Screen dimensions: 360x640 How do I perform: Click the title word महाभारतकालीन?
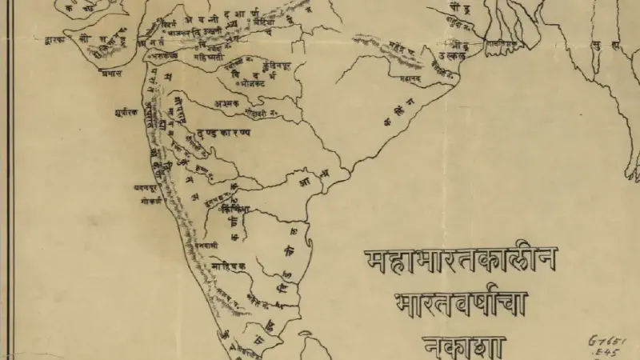[x=462, y=261]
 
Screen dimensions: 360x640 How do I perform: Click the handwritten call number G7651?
[x=606, y=340]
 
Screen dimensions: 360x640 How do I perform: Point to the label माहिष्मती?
[x=210, y=58]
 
